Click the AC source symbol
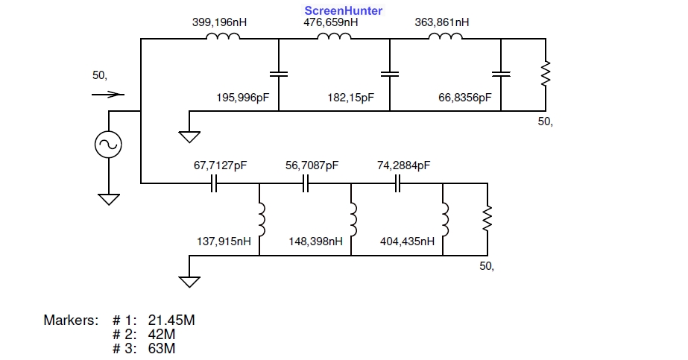[x=108, y=145]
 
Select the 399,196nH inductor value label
[x=219, y=22]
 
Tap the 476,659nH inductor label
[x=331, y=22]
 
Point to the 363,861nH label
[x=442, y=22]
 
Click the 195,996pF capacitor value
[x=243, y=98]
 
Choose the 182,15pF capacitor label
[x=350, y=98]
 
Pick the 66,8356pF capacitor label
[x=465, y=98]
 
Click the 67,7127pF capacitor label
[x=221, y=165]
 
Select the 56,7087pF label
[x=312, y=165]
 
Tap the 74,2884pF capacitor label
[x=404, y=165]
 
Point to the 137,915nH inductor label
[x=224, y=241]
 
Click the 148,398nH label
[x=315, y=241]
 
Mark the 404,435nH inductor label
[x=407, y=241]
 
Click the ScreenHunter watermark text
[x=344, y=10]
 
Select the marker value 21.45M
[x=171, y=320]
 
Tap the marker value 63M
[x=162, y=348]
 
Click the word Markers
[x=71, y=320]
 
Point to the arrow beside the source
[x=108, y=94]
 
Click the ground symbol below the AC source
[x=109, y=199]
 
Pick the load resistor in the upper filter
[x=546, y=74]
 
